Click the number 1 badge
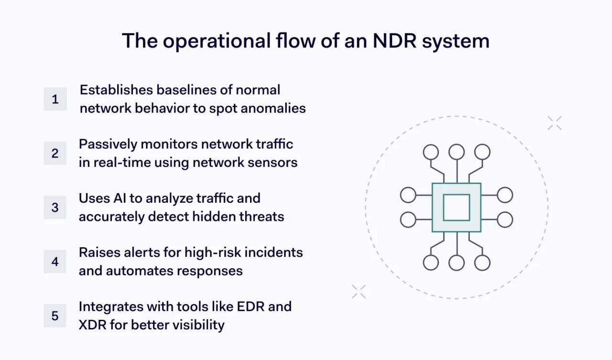[55, 99]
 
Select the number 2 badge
[55, 153]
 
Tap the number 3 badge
[55, 207]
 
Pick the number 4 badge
[55, 262]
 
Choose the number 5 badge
[55, 316]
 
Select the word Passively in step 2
[108, 144]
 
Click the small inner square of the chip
[456, 207]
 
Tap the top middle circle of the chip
[457, 152]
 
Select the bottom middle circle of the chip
[457, 263]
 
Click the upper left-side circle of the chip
[408, 195]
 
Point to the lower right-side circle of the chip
[505, 220]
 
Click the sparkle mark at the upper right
[555, 123]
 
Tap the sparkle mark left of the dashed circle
[359, 291]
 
